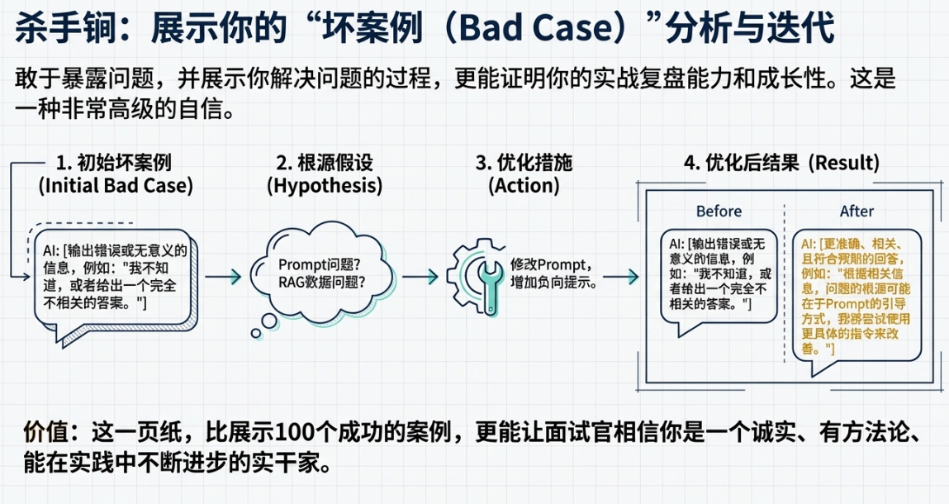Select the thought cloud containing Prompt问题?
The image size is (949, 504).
[x=312, y=274]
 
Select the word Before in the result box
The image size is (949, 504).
[x=719, y=211]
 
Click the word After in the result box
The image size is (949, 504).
[x=856, y=211]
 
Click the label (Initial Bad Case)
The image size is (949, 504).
[x=116, y=186]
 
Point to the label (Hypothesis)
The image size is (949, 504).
[x=325, y=186]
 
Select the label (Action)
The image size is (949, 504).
[x=524, y=186]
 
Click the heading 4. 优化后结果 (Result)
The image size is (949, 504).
[x=781, y=162]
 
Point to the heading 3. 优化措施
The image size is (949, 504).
[x=524, y=162]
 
